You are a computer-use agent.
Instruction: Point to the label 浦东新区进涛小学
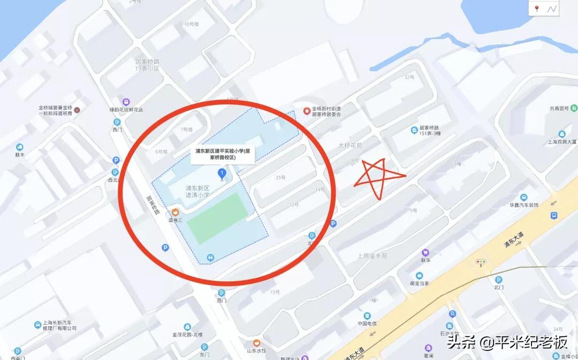pos(196,192)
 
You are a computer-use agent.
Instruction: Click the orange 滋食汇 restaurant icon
pos(174,212)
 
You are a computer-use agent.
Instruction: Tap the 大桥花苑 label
pos(351,145)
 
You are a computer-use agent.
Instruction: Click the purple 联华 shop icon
pos(425,252)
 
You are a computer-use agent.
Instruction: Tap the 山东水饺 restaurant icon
pos(256,343)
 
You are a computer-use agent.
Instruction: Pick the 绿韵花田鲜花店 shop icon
pos(126,102)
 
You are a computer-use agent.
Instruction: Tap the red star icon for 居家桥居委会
pos(307,111)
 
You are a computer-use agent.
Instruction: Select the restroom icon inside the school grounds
pos(211,256)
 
